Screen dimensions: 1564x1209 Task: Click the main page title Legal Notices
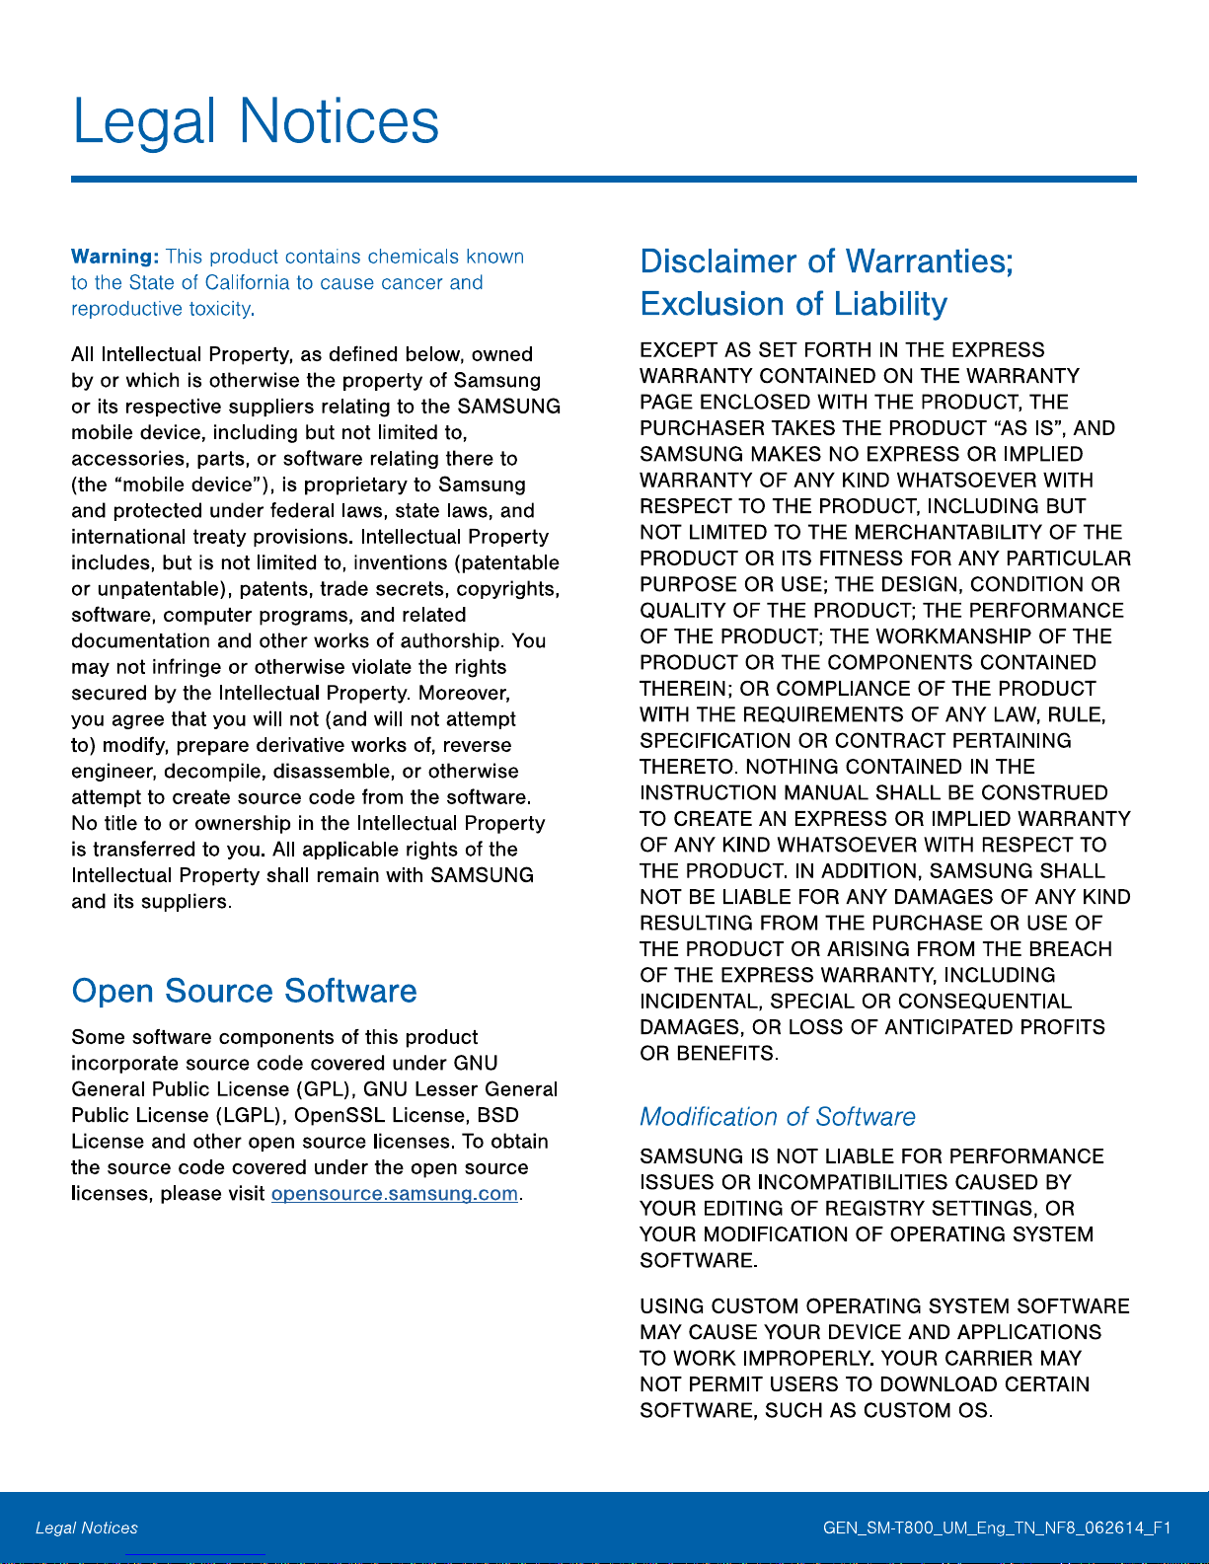pyautogui.click(x=256, y=122)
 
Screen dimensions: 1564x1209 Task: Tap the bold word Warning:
pyautogui.click(x=114, y=257)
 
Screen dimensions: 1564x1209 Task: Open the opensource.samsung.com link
pyautogui.click(x=395, y=1194)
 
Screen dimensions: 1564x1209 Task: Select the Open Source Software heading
pyautogui.click(x=245, y=991)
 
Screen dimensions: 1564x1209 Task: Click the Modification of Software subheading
pyautogui.click(x=778, y=1117)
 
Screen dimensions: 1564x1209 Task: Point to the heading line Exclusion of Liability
pyautogui.click(x=793, y=304)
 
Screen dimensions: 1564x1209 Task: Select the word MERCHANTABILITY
pyautogui.click(x=948, y=533)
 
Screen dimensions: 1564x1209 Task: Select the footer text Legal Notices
pyautogui.click(x=87, y=1528)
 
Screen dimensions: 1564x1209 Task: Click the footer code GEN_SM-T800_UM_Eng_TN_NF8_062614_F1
pyautogui.click(x=997, y=1528)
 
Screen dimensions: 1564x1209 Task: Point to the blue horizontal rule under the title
pyautogui.click(x=604, y=180)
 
